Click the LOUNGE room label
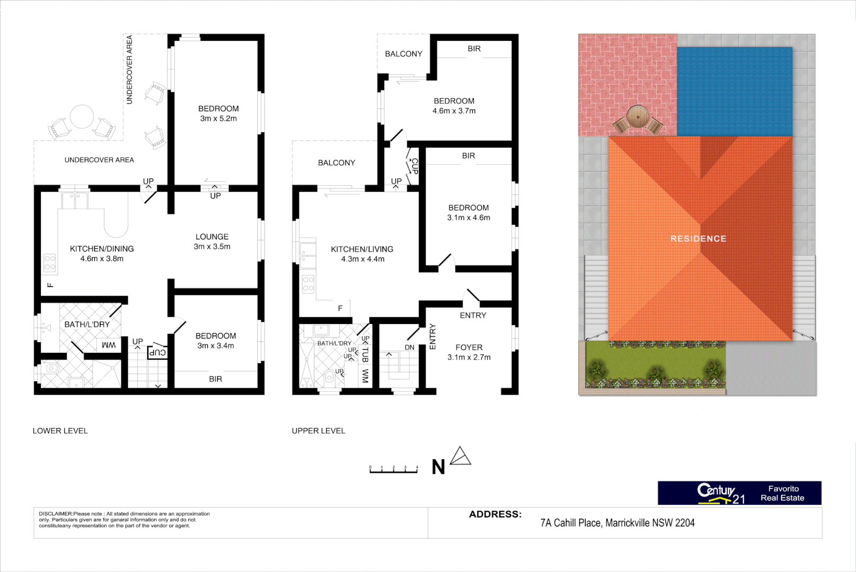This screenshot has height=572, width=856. (x=212, y=237)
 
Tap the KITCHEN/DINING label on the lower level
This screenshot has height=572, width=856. (x=102, y=249)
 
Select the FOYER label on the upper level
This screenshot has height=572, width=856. (x=469, y=347)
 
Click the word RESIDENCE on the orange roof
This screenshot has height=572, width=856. (x=698, y=239)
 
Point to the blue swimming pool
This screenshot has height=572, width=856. (x=735, y=91)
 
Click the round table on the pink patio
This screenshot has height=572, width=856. (x=637, y=116)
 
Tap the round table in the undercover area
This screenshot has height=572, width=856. (x=82, y=117)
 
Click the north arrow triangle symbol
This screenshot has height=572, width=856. (x=461, y=456)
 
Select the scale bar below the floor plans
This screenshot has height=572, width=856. (x=393, y=470)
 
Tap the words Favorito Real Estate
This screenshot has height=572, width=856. (x=783, y=493)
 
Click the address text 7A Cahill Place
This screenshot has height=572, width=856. (x=617, y=523)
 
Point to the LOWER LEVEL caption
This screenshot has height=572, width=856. (x=60, y=431)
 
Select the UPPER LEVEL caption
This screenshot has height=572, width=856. (x=319, y=431)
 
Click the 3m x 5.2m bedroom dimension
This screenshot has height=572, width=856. (x=218, y=119)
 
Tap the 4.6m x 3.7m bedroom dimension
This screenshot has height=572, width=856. (x=454, y=111)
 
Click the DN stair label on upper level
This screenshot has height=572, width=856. (x=410, y=347)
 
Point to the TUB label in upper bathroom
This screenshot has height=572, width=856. (x=365, y=354)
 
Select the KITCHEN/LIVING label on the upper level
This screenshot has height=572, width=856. (x=362, y=249)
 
